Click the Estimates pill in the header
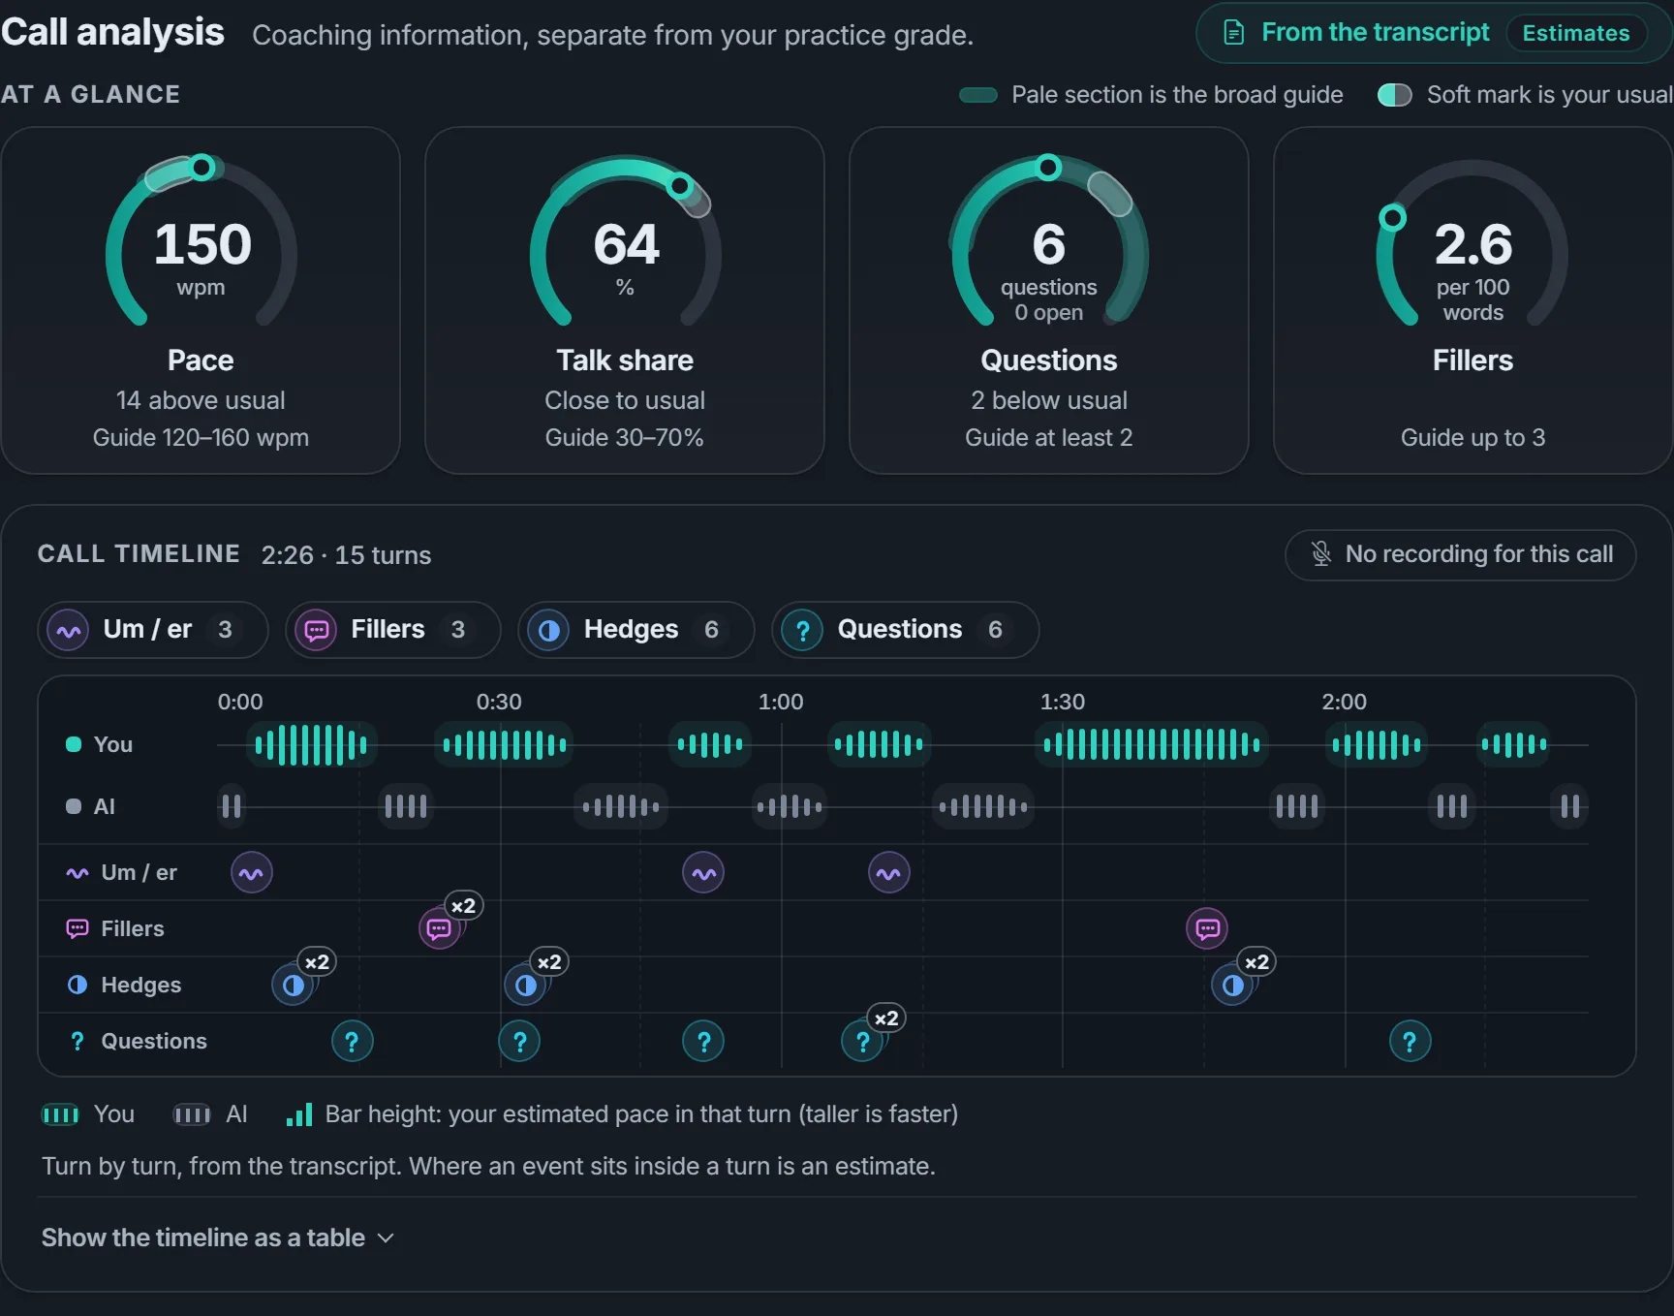[x=1576, y=33]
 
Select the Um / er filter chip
[x=153, y=630]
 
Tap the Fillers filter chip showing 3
[x=393, y=630]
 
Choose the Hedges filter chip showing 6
[x=635, y=630]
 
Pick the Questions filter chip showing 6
[x=905, y=630]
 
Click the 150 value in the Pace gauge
[x=202, y=243]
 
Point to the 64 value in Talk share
[x=626, y=243]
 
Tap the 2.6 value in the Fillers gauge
[x=1472, y=243]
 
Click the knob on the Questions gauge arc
[x=1048, y=168]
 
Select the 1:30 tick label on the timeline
[x=1063, y=702]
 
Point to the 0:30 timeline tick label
[x=499, y=702]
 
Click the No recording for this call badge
[x=1460, y=554]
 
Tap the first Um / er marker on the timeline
[x=252, y=873]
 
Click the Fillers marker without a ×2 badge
[x=1207, y=929]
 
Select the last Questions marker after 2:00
[x=1410, y=1042]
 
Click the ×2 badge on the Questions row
[x=886, y=1018]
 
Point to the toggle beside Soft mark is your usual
[x=1395, y=95]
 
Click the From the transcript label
[x=1376, y=33]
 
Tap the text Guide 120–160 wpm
[x=201, y=438]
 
